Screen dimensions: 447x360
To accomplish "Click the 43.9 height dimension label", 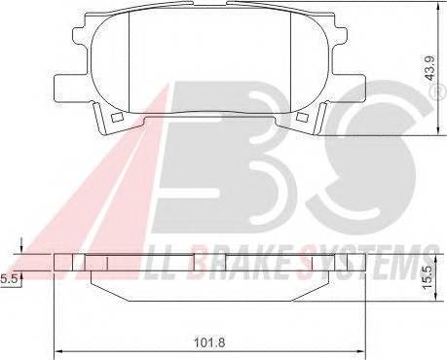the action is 430,68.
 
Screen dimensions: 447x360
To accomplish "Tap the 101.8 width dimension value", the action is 209,342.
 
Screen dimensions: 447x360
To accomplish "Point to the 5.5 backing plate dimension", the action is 8,278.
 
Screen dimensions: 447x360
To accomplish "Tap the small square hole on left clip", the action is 116,118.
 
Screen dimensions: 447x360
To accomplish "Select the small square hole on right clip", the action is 302,118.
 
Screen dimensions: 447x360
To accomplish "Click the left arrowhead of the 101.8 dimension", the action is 57,351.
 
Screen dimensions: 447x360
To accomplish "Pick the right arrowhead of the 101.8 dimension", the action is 361,351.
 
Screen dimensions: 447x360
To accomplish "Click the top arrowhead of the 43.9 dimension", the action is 438,6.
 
